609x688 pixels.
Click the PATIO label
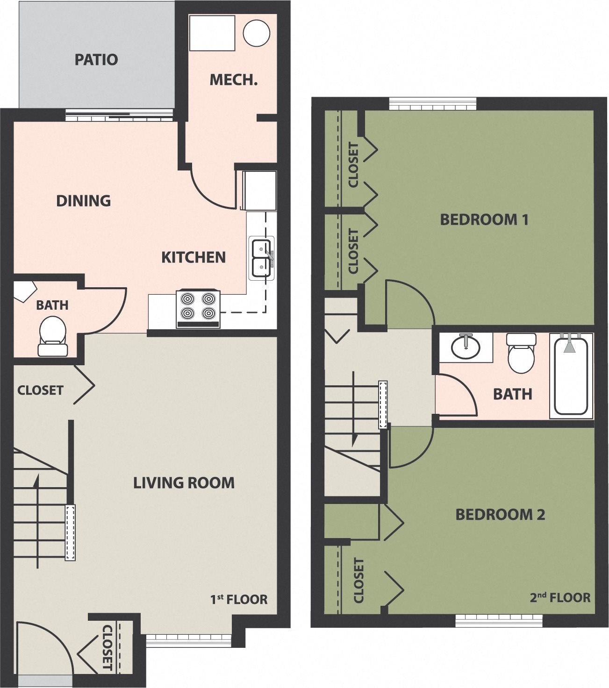tap(96, 60)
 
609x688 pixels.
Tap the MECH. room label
tap(233, 80)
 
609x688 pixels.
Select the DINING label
tap(84, 201)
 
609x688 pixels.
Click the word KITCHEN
tap(193, 257)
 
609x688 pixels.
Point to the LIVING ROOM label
tap(184, 483)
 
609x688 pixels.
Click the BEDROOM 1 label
tap(484, 220)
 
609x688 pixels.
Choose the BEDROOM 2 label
tap(500, 515)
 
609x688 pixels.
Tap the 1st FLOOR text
tap(239, 599)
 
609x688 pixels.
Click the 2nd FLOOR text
tap(560, 597)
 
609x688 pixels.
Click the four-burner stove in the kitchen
tap(198, 308)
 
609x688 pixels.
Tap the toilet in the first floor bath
tap(53, 335)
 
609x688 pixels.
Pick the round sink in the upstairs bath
tap(466, 348)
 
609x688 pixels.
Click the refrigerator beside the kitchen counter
tap(259, 191)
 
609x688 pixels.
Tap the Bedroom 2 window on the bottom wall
tap(499, 620)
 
